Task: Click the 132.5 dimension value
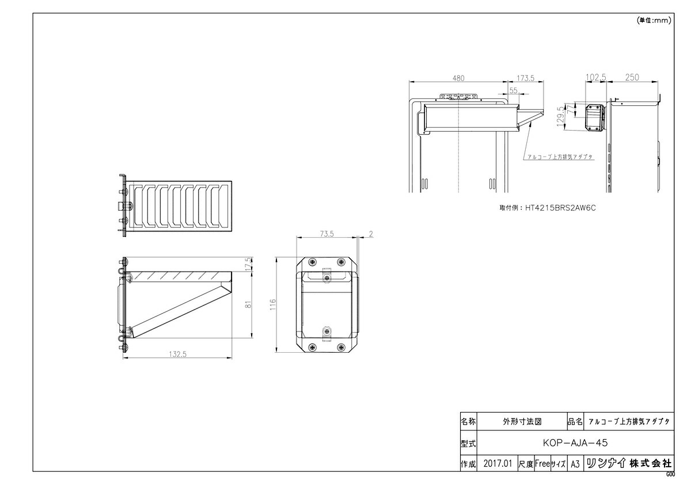[178, 354]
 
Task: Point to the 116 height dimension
[273, 304]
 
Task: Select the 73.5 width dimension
[326, 234]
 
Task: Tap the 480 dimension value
[458, 78]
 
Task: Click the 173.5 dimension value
[525, 78]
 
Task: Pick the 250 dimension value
[632, 77]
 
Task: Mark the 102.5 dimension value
[595, 77]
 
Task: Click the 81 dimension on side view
[249, 304]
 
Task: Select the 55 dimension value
[513, 90]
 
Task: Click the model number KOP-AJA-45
[575, 443]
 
